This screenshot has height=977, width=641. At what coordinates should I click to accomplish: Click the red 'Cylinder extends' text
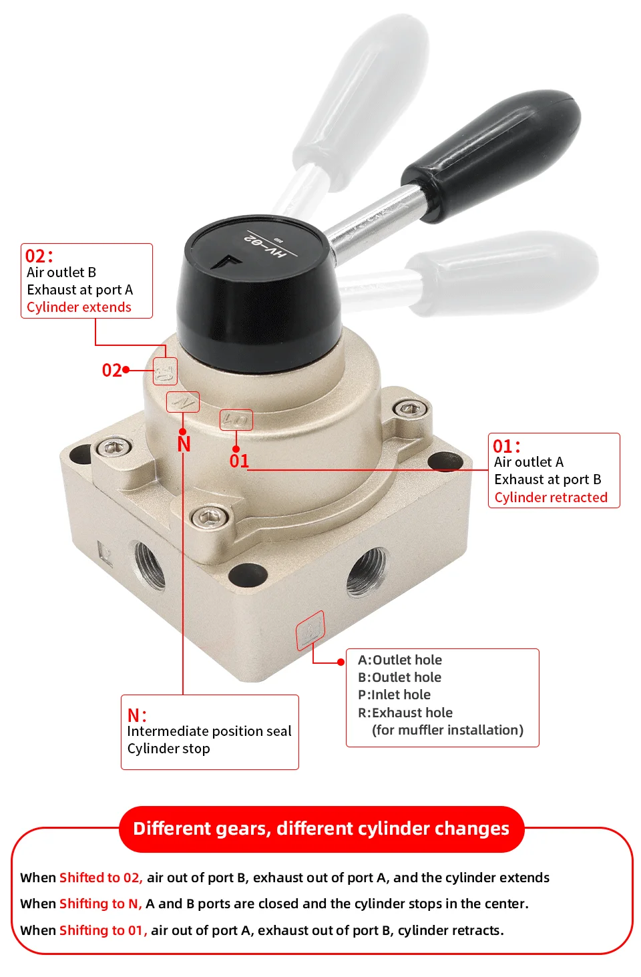pos(79,307)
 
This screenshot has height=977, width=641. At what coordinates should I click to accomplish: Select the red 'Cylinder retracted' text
pos(551,498)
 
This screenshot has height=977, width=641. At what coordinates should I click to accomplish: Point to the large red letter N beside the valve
pos(184,445)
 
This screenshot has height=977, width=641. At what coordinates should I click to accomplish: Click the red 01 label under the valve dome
pos(239,461)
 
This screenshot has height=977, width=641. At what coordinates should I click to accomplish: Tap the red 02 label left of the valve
pos(112,371)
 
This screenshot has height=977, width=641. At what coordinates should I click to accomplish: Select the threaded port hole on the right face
pos(367,572)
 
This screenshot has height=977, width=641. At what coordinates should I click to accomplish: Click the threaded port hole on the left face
pos(150,564)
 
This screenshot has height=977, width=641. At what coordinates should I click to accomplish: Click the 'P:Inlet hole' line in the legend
pos(394,695)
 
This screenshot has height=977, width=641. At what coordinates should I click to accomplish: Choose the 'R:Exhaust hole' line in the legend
pos(405,713)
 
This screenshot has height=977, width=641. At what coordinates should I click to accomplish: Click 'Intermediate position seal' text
pos(209,731)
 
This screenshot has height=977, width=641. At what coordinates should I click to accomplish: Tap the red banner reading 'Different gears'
pos(321,829)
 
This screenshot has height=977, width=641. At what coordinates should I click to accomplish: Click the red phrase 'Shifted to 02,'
pos(101,877)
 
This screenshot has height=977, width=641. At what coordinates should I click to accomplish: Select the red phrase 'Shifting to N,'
pos(101,904)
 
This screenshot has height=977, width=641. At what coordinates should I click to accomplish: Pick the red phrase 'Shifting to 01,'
pos(103,930)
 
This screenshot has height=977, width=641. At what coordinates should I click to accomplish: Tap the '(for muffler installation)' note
pos(447,730)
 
